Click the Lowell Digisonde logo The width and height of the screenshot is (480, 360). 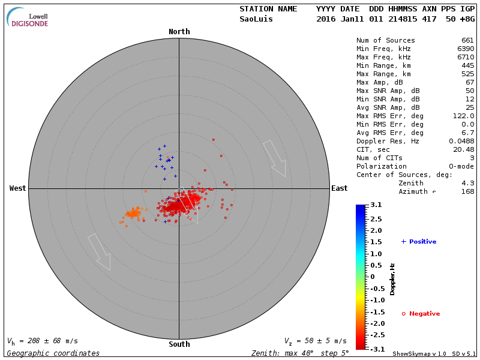click(28, 17)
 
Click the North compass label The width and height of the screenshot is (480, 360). click(179, 32)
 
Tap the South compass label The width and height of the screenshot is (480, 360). click(179, 344)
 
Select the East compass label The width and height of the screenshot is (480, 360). click(339, 188)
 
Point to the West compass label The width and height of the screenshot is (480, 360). click(18, 188)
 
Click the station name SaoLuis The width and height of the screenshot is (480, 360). click(256, 19)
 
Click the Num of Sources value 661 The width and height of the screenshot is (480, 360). click(467, 41)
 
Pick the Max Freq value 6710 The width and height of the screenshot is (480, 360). click(465, 58)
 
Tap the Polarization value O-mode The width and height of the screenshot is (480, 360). click(460, 166)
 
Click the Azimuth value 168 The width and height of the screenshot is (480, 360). click(467, 191)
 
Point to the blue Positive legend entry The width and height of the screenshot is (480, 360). click(419, 242)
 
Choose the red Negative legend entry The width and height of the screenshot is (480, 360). click(421, 314)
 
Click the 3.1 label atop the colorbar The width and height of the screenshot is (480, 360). click(376, 205)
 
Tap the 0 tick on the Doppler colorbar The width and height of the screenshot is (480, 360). click(372, 277)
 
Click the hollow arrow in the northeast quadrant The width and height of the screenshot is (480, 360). click(274, 158)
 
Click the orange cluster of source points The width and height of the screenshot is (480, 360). click(133, 213)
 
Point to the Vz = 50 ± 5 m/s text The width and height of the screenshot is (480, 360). click(315, 341)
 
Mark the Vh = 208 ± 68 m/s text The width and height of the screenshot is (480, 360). click(42, 341)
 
